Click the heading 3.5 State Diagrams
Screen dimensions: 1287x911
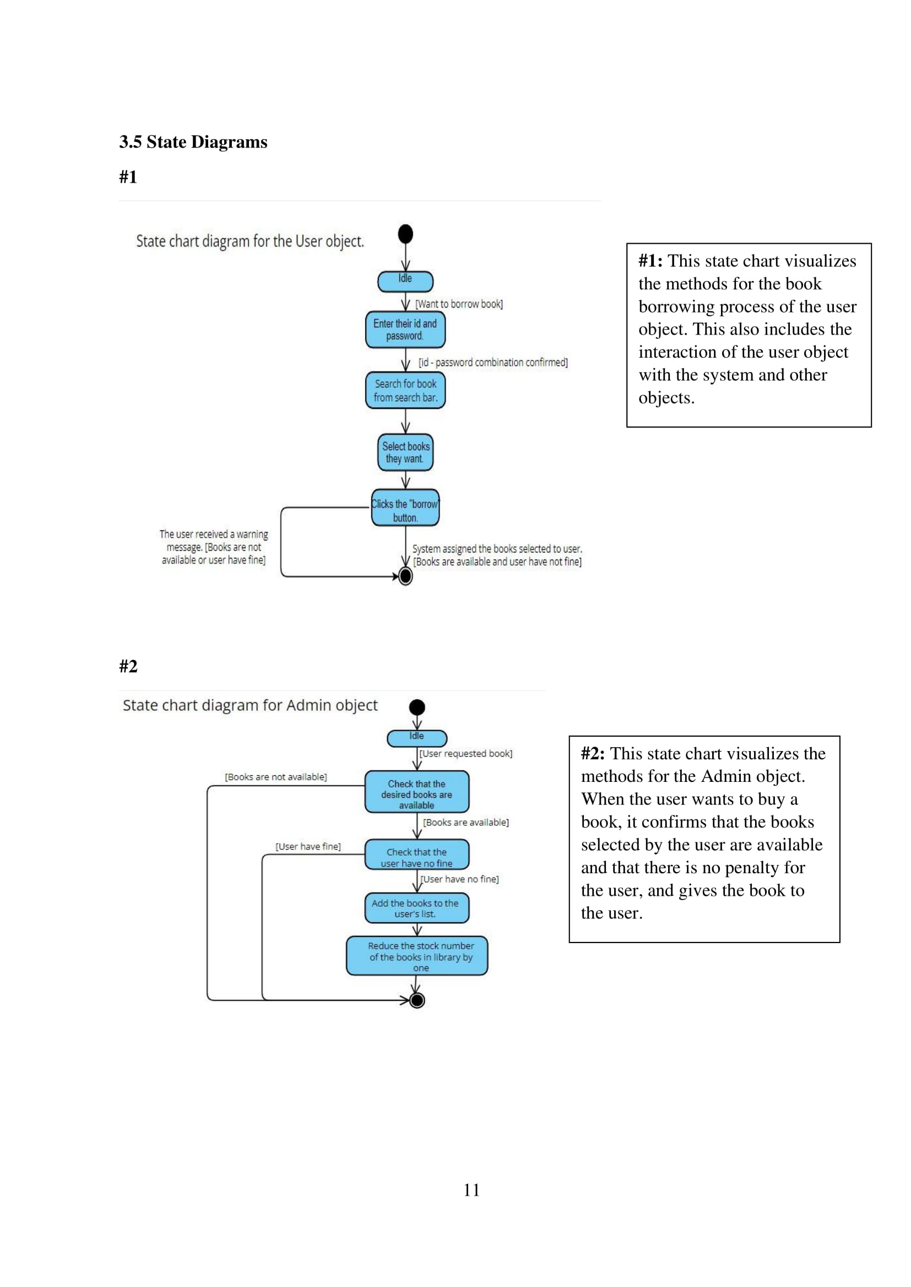pyautogui.click(x=193, y=142)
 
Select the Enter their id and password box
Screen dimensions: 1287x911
pyautogui.click(x=405, y=330)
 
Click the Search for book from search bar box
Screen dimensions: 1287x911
pyautogui.click(x=405, y=391)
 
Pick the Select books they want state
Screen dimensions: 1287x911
pyautogui.click(x=405, y=452)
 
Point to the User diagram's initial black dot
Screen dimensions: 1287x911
pyautogui.click(x=405, y=234)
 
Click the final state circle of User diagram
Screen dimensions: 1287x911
pyautogui.click(x=405, y=576)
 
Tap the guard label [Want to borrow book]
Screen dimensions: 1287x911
pyautogui.click(x=459, y=304)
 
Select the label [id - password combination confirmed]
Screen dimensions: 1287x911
pyautogui.click(x=493, y=363)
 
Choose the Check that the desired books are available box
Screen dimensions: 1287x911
pyautogui.click(x=417, y=792)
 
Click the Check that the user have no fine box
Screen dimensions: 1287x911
pyautogui.click(x=417, y=855)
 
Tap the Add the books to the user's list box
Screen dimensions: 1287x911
pyautogui.click(x=417, y=908)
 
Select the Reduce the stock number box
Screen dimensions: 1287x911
pyautogui.click(x=417, y=956)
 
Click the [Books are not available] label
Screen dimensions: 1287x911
pyautogui.click(x=275, y=777)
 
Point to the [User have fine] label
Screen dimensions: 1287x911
pyautogui.click(x=308, y=846)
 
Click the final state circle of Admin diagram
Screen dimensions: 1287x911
pyautogui.click(x=417, y=1000)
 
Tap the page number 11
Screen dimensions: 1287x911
pyautogui.click(x=471, y=1190)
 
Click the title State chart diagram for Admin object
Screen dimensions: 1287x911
pyautogui.click(x=250, y=705)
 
